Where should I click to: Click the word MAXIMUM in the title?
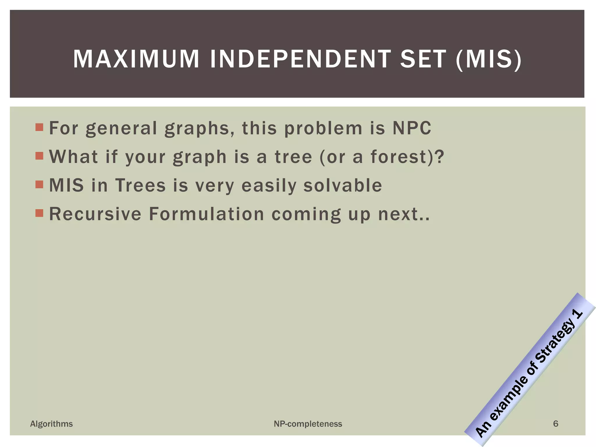(x=136, y=59)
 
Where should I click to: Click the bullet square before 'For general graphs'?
(x=39, y=127)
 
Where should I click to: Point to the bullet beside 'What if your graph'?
(x=39, y=156)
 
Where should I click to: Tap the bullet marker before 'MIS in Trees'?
(x=39, y=185)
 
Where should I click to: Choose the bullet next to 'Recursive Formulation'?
(x=39, y=213)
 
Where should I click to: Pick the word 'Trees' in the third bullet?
(x=141, y=185)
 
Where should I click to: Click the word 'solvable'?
(x=343, y=185)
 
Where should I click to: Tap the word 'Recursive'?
(x=95, y=214)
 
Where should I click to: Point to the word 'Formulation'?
(x=206, y=214)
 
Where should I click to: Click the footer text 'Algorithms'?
(x=52, y=424)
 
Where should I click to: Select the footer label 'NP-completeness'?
(x=308, y=424)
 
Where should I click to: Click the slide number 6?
(x=556, y=423)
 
